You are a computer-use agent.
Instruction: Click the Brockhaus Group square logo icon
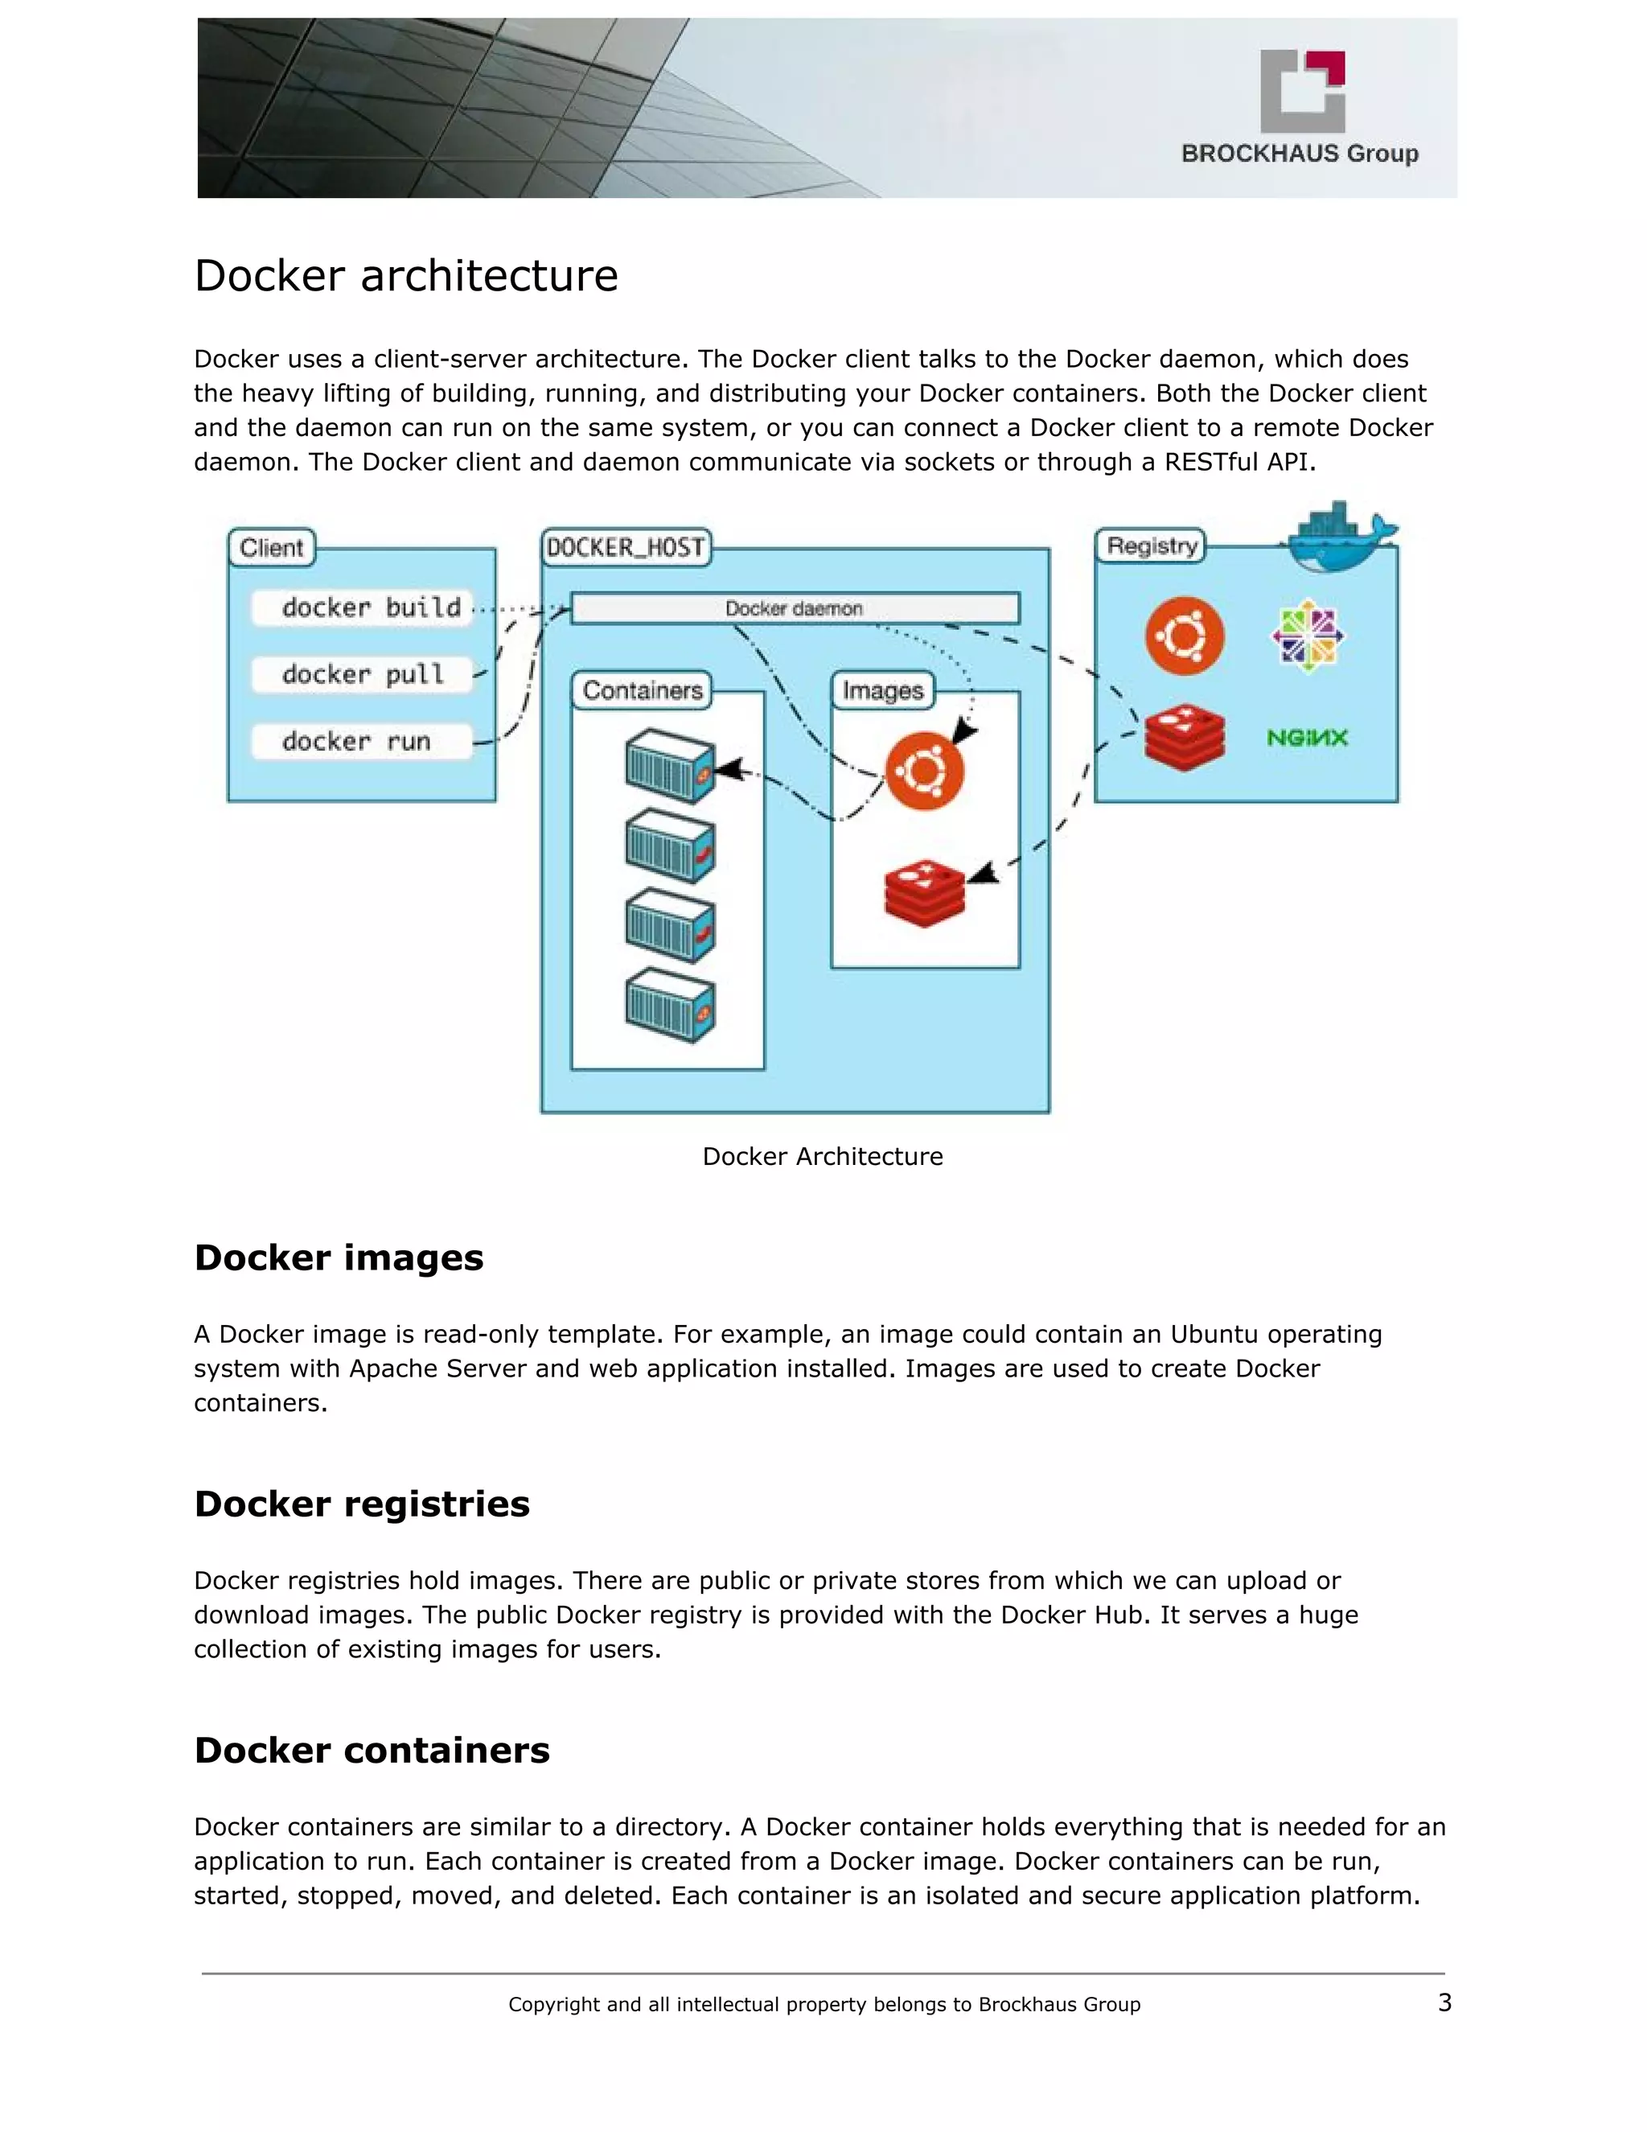click(1303, 91)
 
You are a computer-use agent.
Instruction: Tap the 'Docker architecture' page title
click(406, 275)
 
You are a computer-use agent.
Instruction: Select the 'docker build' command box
click(362, 607)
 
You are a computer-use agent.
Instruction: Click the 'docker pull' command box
click(362, 674)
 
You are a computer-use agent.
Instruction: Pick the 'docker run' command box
click(362, 742)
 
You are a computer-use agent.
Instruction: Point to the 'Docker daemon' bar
click(795, 608)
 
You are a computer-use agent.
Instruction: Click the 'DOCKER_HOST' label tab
click(626, 548)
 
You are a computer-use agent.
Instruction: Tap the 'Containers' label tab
click(642, 690)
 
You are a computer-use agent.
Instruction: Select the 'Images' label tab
click(882, 690)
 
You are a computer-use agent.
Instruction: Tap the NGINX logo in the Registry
click(1307, 738)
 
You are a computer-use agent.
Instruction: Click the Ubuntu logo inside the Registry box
click(1184, 636)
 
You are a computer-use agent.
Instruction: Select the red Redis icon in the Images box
click(924, 893)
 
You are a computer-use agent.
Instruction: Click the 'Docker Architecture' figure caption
click(823, 1157)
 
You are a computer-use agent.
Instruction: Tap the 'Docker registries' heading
click(362, 1504)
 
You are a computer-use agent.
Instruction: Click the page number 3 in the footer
click(1444, 2003)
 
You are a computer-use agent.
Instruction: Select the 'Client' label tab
click(271, 548)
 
